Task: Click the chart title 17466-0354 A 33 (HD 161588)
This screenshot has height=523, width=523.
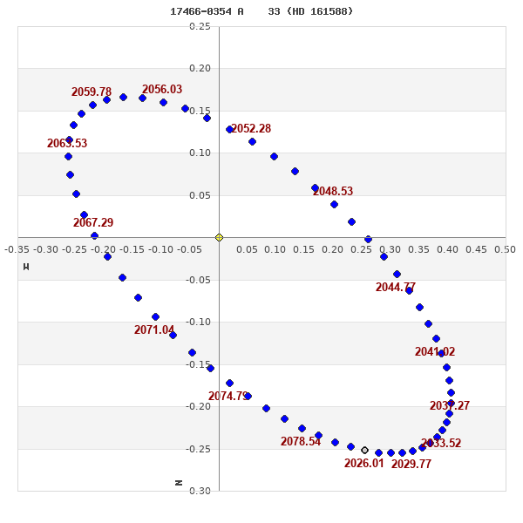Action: pos(261,11)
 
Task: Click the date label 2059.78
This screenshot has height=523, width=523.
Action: pos(92,92)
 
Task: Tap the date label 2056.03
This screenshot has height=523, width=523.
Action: pos(162,89)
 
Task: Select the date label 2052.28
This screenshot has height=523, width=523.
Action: pos(251,128)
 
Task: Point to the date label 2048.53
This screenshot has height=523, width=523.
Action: pos(333,191)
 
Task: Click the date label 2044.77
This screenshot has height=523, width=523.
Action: pos(396,287)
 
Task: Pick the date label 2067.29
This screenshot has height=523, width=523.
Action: pos(93,222)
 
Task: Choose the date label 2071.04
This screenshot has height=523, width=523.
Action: pos(154,329)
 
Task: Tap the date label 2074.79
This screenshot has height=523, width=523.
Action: pos(228,396)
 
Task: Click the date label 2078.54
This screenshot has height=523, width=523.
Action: pos(301,441)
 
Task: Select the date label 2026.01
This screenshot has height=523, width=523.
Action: pos(364,463)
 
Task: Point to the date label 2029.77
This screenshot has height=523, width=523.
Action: pos(411,464)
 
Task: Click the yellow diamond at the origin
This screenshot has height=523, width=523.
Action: pos(219,237)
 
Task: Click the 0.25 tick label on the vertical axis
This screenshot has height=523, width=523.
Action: pos(200,26)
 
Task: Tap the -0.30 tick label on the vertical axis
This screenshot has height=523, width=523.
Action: pos(200,491)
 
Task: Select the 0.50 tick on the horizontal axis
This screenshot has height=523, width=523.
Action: pos(505,249)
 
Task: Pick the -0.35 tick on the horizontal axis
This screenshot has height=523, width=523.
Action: pos(17,249)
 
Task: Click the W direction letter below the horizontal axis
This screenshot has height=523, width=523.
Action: pos(26,266)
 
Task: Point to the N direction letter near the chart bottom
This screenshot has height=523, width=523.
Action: pos(180,481)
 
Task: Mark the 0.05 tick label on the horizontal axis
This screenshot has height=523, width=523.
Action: pos(247,249)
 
